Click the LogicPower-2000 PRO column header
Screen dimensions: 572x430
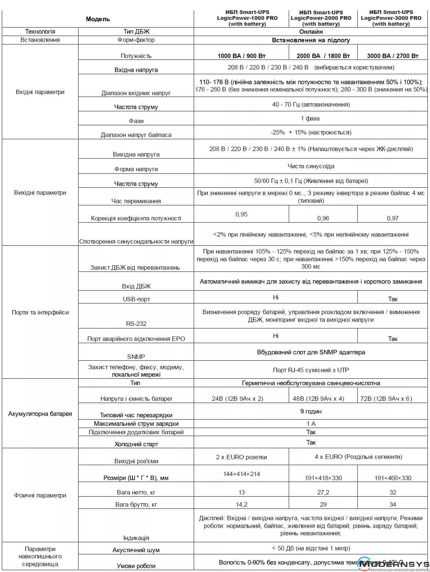(x=321, y=18)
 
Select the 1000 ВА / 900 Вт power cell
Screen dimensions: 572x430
(x=241, y=56)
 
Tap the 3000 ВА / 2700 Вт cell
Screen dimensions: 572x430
(x=393, y=56)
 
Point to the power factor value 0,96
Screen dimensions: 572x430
(x=323, y=218)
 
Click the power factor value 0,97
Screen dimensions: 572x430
(x=393, y=218)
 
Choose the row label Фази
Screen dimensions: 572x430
(x=136, y=121)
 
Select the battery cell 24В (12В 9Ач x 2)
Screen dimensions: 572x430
(x=237, y=399)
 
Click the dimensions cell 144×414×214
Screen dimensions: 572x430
(x=241, y=474)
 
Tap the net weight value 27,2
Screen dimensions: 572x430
(x=323, y=492)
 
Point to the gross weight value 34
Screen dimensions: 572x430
(x=393, y=504)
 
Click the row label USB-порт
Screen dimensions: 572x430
(x=136, y=299)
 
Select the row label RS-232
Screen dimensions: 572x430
(x=136, y=324)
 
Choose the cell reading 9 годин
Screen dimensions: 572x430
(x=311, y=411)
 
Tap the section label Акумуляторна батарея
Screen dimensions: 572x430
(x=40, y=414)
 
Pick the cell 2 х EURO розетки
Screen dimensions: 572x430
(x=241, y=457)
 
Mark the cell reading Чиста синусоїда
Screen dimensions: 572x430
(x=311, y=166)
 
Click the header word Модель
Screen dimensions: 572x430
(x=98, y=19)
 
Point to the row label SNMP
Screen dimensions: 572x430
(x=136, y=356)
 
